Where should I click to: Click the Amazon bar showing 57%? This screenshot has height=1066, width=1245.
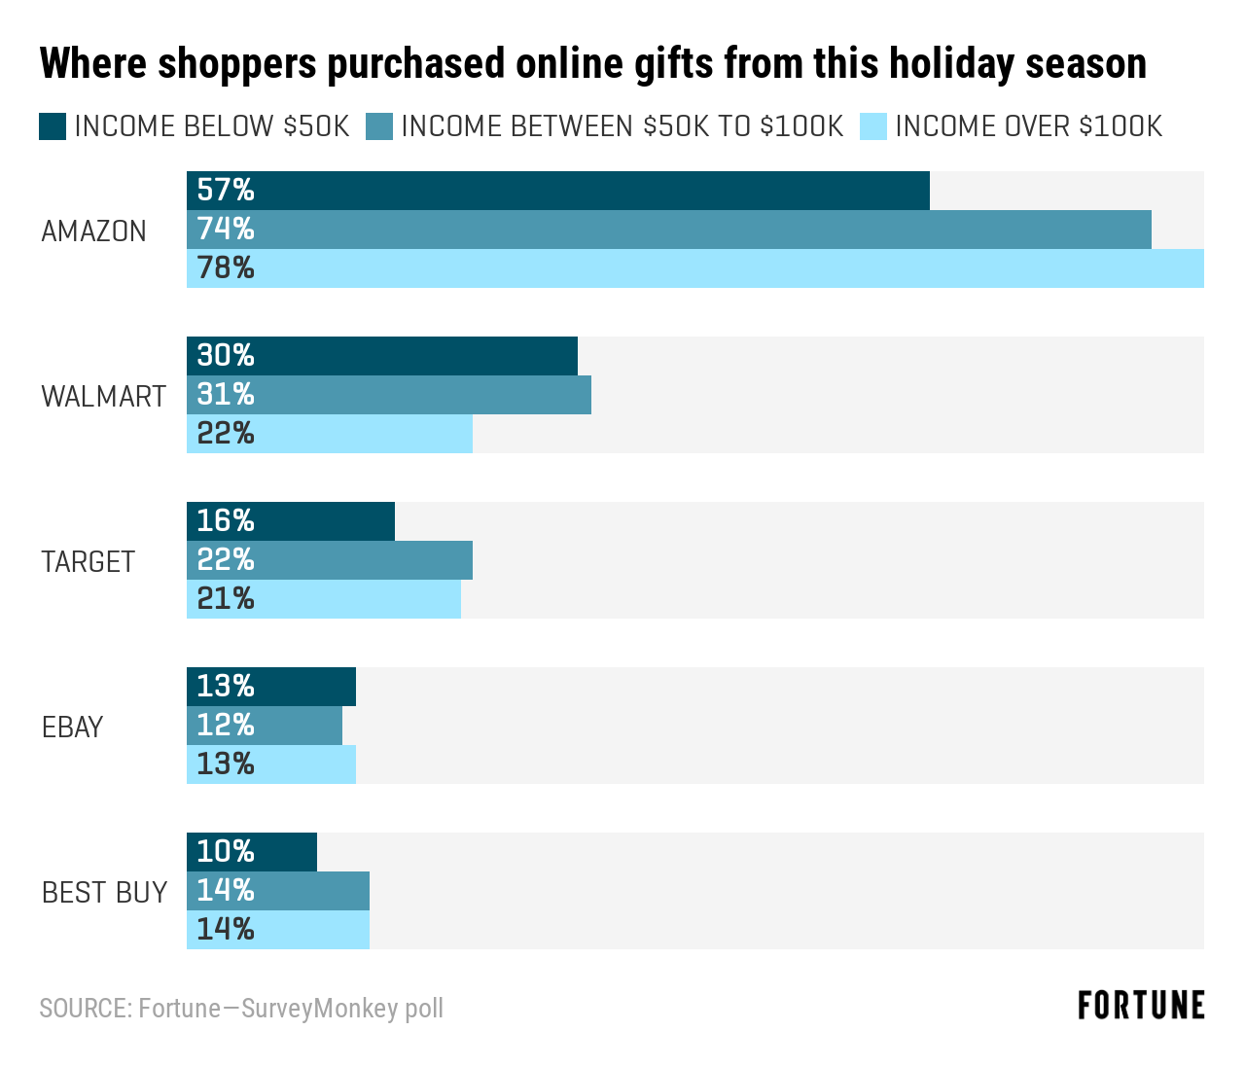click(x=558, y=191)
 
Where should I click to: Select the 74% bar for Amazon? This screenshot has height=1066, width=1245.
click(x=669, y=230)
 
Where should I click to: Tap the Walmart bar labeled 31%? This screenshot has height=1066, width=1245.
click(x=389, y=395)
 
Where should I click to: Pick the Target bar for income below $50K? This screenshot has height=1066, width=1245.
click(x=291, y=521)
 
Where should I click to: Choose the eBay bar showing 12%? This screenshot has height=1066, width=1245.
click(x=265, y=726)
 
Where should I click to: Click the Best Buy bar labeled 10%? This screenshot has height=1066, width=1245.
click(x=252, y=852)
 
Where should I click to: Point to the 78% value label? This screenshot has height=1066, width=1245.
click(x=226, y=268)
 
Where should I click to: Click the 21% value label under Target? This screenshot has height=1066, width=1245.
click(x=226, y=599)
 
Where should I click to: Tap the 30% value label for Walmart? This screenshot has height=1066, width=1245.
click(x=226, y=356)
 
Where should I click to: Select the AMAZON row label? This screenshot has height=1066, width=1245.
click(x=94, y=231)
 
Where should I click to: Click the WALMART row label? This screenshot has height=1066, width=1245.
click(x=103, y=397)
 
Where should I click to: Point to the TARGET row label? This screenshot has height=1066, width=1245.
click(x=88, y=562)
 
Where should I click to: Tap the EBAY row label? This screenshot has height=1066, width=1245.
click(x=72, y=728)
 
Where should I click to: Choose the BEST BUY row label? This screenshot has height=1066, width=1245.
click(x=104, y=893)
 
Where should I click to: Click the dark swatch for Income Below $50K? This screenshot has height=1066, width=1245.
click(x=53, y=126)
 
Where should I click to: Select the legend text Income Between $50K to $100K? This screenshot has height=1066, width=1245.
click(x=622, y=126)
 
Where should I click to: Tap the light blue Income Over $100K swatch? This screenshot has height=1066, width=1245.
click(x=873, y=126)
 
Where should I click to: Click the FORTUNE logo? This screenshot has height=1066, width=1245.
click(x=1141, y=1006)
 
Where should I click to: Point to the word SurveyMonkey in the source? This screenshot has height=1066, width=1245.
click(x=319, y=1008)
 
